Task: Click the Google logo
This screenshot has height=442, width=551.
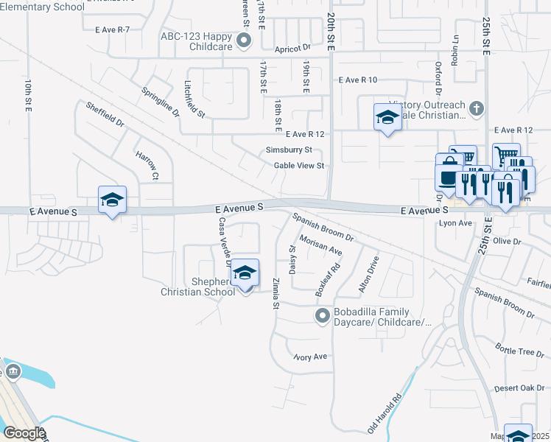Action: pyautogui.click(x=24, y=433)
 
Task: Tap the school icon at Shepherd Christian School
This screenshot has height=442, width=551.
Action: pyautogui.click(x=245, y=274)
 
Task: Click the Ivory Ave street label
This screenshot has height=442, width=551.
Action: pyautogui.click(x=309, y=357)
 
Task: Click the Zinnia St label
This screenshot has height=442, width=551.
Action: pyautogui.click(x=275, y=293)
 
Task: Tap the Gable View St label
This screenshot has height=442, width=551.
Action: pyautogui.click(x=299, y=166)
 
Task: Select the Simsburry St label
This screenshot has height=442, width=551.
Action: pyautogui.click(x=289, y=150)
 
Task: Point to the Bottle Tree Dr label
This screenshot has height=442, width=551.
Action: pyautogui.click(x=519, y=350)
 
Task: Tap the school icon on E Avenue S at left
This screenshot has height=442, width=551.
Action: pyautogui.click(x=112, y=200)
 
